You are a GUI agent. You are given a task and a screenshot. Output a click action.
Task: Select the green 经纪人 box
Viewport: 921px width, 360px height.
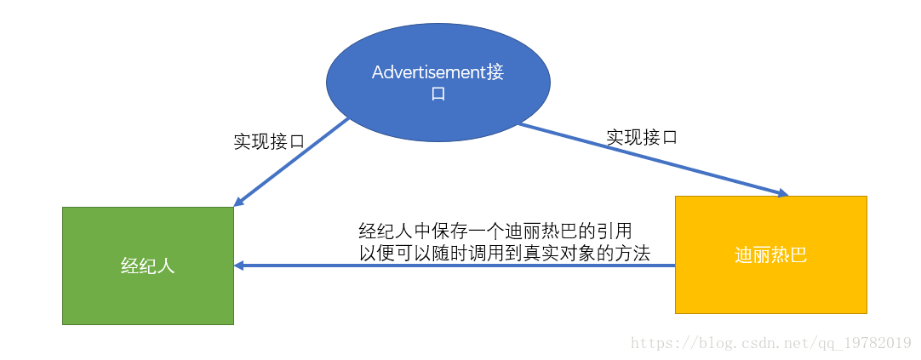tap(148, 265)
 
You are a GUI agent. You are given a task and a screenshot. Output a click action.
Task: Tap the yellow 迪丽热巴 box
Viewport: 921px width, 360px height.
tap(770, 254)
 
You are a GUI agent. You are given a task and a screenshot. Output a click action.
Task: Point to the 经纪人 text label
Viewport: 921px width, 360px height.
tap(148, 266)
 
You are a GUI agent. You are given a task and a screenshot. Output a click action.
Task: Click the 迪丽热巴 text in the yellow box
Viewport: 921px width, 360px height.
tap(770, 255)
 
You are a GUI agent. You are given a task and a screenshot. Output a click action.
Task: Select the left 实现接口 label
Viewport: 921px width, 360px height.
tap(269, 141)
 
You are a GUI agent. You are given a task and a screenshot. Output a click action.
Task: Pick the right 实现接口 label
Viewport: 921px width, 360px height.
tap(642, 136)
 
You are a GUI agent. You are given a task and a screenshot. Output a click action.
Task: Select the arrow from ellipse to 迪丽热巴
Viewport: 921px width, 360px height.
tap(651, 159)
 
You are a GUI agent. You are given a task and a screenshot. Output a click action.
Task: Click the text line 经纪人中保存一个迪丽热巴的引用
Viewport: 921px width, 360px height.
tap(495, 231)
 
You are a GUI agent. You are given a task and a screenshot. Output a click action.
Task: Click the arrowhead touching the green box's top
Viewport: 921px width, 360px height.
tap(238, 202)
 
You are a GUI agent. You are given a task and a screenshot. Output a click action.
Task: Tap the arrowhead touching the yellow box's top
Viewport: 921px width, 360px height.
tap(782, 193)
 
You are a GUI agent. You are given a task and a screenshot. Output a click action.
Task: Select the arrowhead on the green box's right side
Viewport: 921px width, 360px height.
tap(239, 266)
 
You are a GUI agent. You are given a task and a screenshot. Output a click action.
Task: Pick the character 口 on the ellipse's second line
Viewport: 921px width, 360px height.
tap(438, 94)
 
